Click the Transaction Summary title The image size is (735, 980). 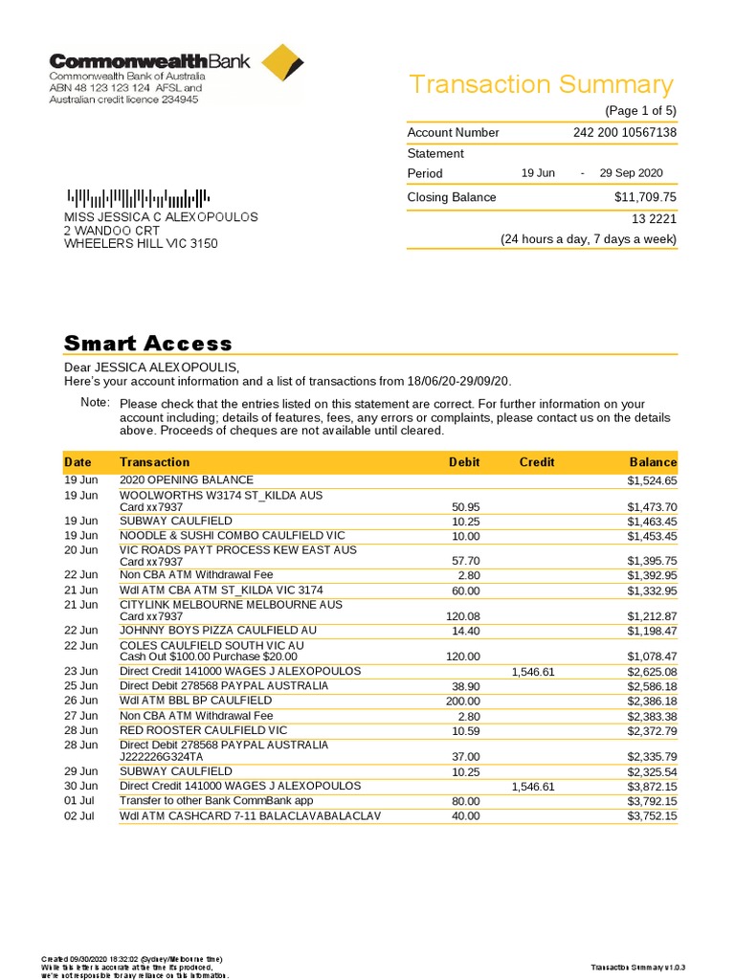[541, 84]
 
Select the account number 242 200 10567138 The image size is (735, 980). [625, 133]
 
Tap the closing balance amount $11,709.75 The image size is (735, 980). [645, 197]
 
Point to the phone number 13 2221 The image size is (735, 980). [654, 219]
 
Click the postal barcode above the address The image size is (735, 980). [136, 199]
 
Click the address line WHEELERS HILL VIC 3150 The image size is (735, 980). [141, 244]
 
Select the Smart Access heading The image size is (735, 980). [147, 344]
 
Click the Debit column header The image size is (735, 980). [464, 462]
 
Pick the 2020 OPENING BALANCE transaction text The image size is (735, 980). [187, 480]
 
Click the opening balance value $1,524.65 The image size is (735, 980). [652, 481]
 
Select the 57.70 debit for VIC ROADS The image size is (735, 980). [464, 561]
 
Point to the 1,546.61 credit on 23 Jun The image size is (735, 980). [533, 673]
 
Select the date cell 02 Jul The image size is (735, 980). [80, 816]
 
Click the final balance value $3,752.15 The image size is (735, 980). [652, 816]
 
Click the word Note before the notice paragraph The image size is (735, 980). [95, 403]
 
